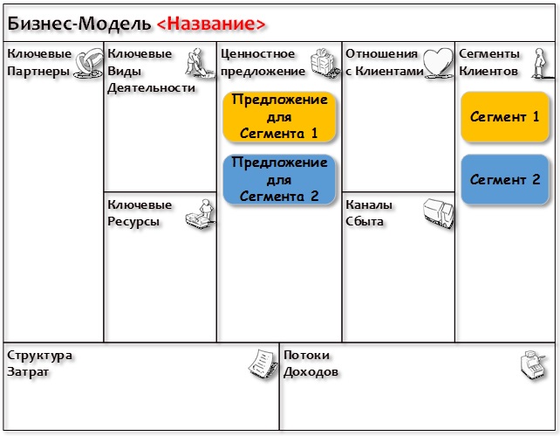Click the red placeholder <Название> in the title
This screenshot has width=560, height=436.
click(x=211, y=24)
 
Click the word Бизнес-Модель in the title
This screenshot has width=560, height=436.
click(x=79, y=24)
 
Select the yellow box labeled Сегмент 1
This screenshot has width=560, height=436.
click(x=505, y=117)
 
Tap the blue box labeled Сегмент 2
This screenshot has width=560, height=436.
click(x=505, y=179)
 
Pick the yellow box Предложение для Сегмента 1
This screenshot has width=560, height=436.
click(x=279, y=116)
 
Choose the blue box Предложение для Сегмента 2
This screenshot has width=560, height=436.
click(x=279, y=179)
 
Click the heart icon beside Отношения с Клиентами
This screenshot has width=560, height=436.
click(x=438, y=63)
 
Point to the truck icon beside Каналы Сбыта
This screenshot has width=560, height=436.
click(x=439, y=214)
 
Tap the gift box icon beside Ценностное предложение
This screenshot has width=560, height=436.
click(x=324, y=63)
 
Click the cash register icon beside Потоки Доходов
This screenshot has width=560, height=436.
click(x=534, y=365)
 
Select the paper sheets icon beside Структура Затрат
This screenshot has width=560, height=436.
click(x=263, y=364)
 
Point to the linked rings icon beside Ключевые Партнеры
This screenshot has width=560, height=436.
click(x=88, y=63)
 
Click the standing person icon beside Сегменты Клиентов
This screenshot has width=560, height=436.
click(x=542, y=63)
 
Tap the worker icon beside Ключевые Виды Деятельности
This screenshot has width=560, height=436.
click(x=200, y=63)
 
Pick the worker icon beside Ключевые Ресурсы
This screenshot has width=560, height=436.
click(x=201, y=214)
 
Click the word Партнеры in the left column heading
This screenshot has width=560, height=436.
click(x=38, y=71)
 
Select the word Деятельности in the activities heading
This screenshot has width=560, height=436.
click(x=152, y=87)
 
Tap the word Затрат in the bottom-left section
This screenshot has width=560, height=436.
click(x=28, y=372)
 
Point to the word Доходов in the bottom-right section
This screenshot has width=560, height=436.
click(x=311, y=372)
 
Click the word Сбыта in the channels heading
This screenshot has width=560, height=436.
click(x=365, y=221)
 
